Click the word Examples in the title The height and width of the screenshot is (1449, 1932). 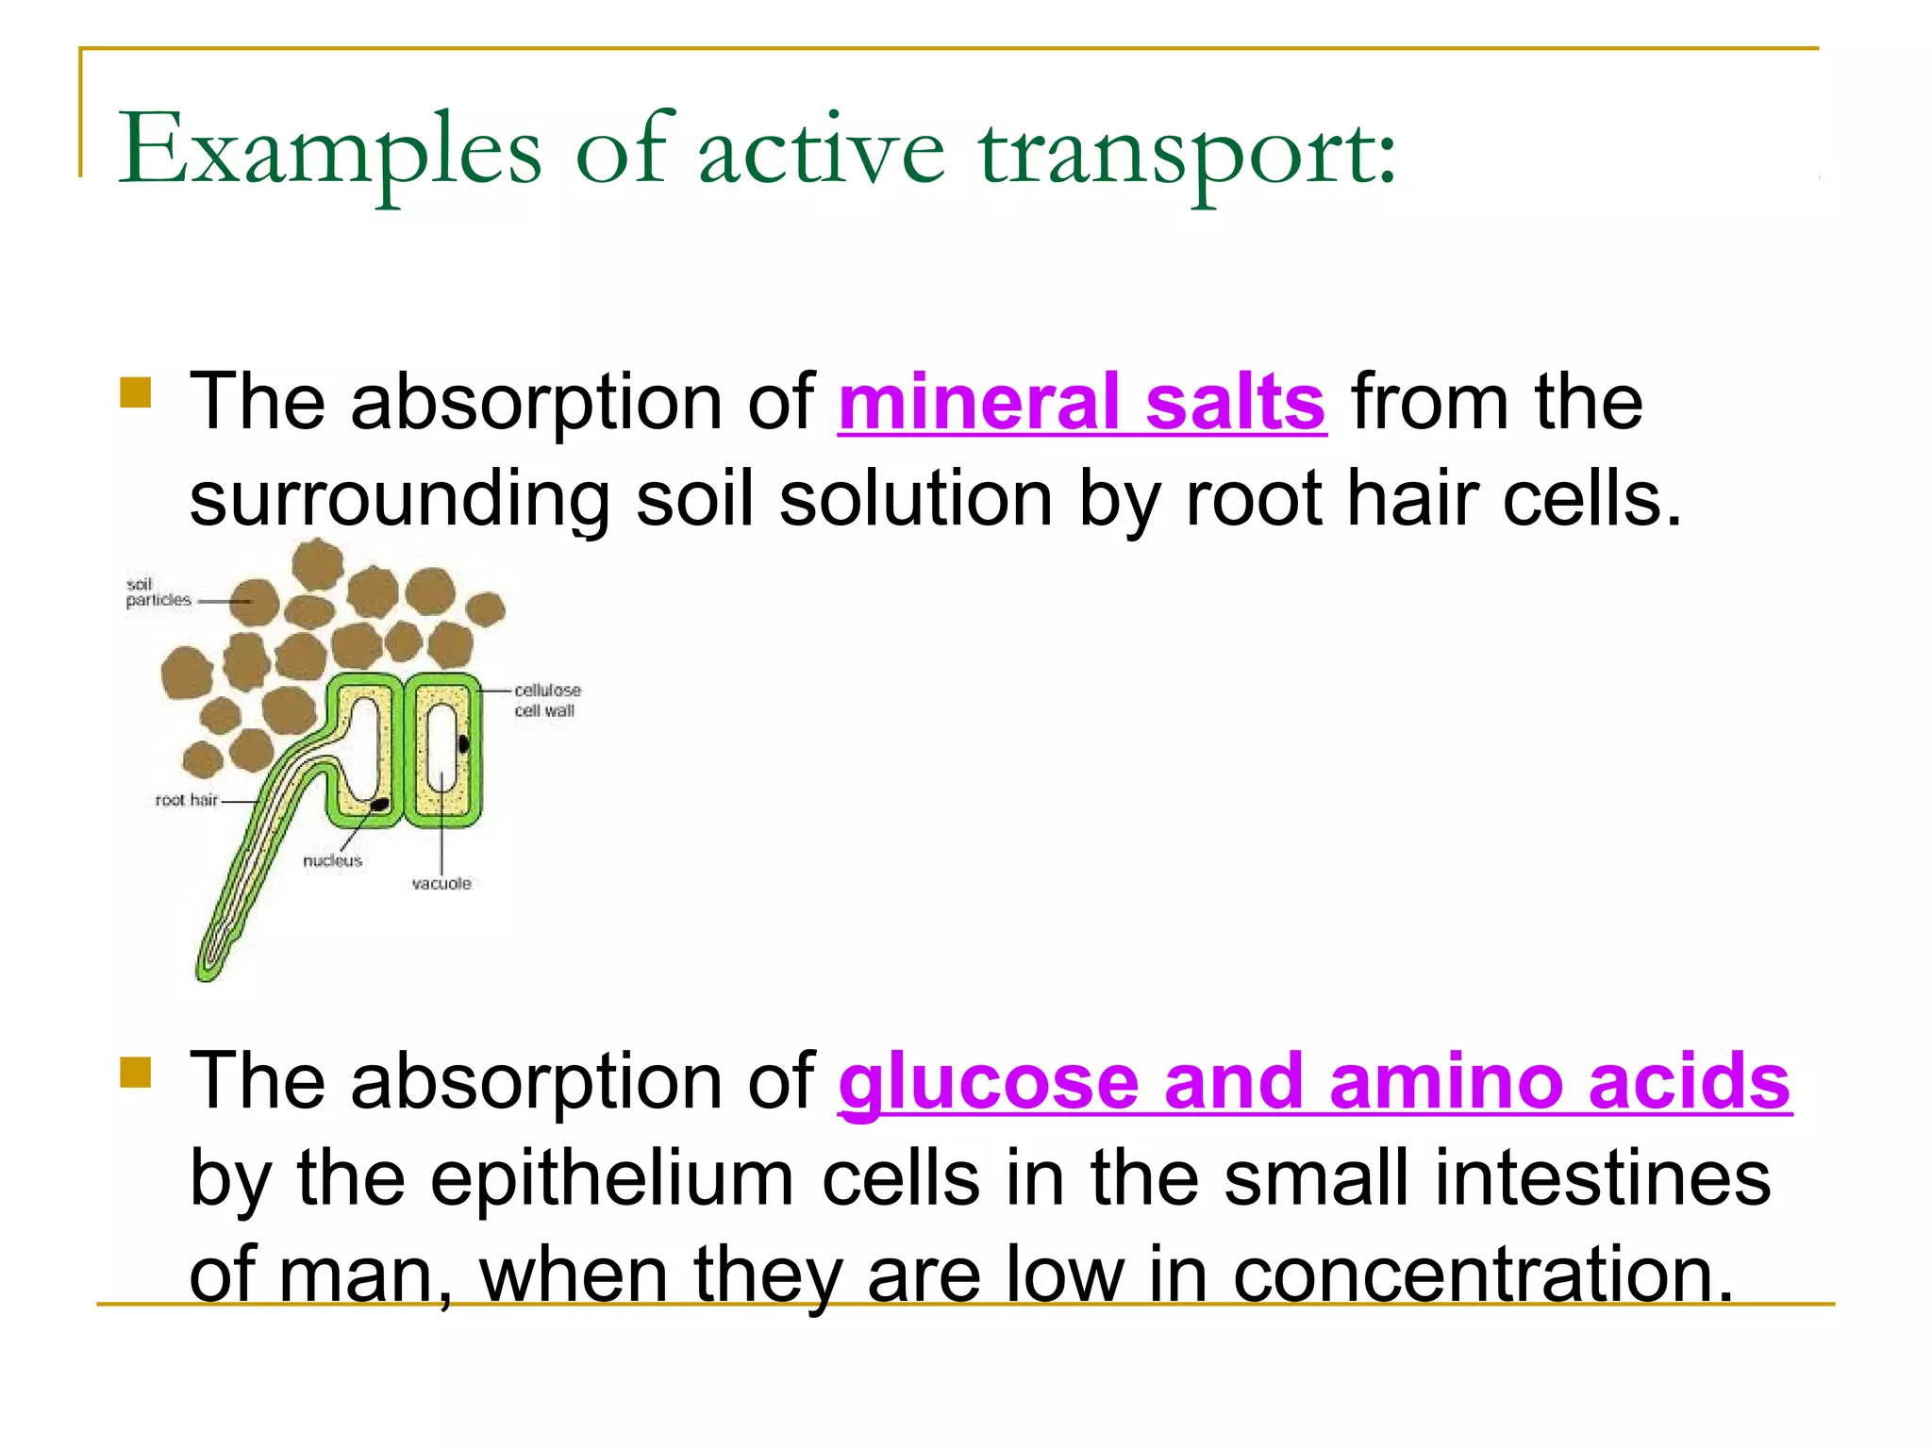point(329,151)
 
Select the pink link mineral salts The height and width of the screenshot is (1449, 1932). point(1082,404)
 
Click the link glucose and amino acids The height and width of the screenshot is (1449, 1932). point(1314,1083)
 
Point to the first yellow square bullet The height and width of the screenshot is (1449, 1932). point(136,392)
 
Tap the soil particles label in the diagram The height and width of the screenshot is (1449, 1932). point(158,592)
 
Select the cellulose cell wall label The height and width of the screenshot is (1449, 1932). point(546,700)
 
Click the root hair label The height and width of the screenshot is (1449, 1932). point(187,800)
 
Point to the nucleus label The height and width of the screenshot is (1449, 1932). point(332,860)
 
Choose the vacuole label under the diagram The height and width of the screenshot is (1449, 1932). point(441,884)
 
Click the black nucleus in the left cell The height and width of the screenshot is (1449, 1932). point(379,804)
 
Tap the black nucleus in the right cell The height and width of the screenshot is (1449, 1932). point(463,744)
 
